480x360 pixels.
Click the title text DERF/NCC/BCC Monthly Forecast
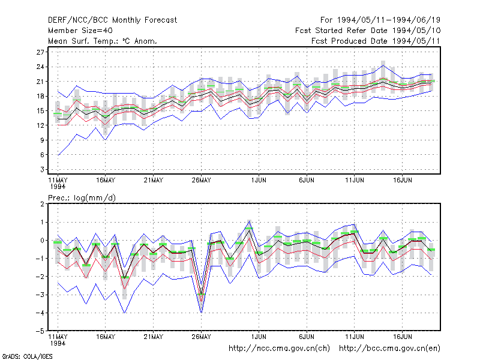point(112,20)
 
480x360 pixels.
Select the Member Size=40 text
point(80,31)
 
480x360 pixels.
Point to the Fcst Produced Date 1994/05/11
point(376,41)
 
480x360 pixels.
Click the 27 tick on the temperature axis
point(40,52)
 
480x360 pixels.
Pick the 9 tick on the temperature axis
point(42,140)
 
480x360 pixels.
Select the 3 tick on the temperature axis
point(42,170)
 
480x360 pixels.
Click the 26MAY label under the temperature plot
point(202,181)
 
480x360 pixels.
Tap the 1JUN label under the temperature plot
point(259,181)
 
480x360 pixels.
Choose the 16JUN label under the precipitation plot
point(403,337)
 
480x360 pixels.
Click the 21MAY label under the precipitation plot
point(154,337)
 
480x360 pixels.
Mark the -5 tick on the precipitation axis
point(40,331)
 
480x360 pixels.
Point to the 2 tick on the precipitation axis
point(42,204)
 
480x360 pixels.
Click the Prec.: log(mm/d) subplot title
point(82,198)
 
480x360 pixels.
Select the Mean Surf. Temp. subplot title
point(103,41)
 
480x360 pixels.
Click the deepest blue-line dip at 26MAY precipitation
point(201,313)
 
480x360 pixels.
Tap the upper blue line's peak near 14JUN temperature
point(383,65)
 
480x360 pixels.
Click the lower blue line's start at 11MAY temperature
point(58,155)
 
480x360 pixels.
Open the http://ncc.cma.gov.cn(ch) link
point(279,349)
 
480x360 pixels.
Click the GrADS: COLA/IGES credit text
point(27,356)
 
